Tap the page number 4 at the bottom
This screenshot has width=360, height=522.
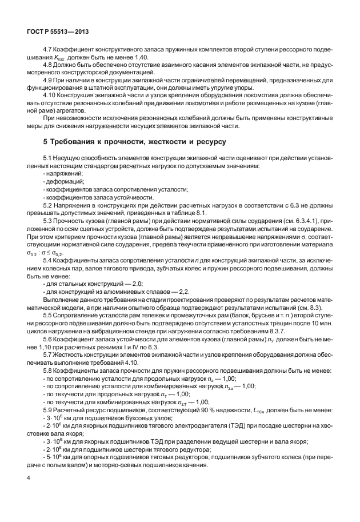click(28, 491)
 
